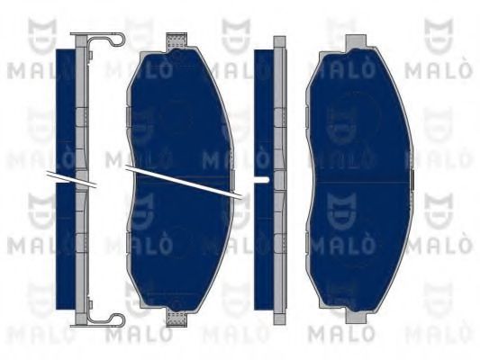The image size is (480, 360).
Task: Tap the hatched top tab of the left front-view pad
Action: tap(178, 40)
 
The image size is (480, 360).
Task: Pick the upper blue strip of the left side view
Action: tap(64, 108)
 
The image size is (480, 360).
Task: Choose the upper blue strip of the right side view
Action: tap(263, 108)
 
